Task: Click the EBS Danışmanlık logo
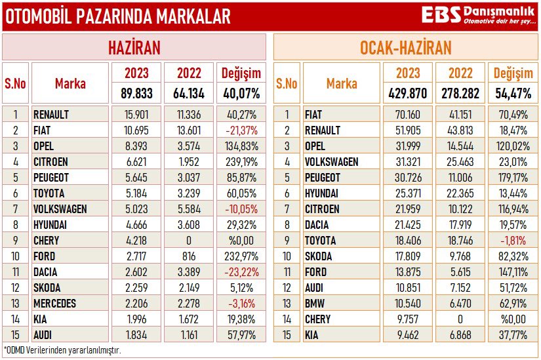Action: point(477,16)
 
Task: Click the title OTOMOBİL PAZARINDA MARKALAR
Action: point(118,16)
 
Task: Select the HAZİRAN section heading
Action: point(134,47)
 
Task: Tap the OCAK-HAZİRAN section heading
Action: point(405,47)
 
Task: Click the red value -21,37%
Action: point(241,130)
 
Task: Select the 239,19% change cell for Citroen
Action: point(241,161)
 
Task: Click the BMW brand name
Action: point(315,304)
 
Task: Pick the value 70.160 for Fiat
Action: point(408,114)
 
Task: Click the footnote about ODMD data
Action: point(62,350)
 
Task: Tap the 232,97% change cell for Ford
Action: point(241,256)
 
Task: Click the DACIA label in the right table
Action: point(318,225)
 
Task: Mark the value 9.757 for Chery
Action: point(408,319)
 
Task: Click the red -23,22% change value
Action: point(241,272)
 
